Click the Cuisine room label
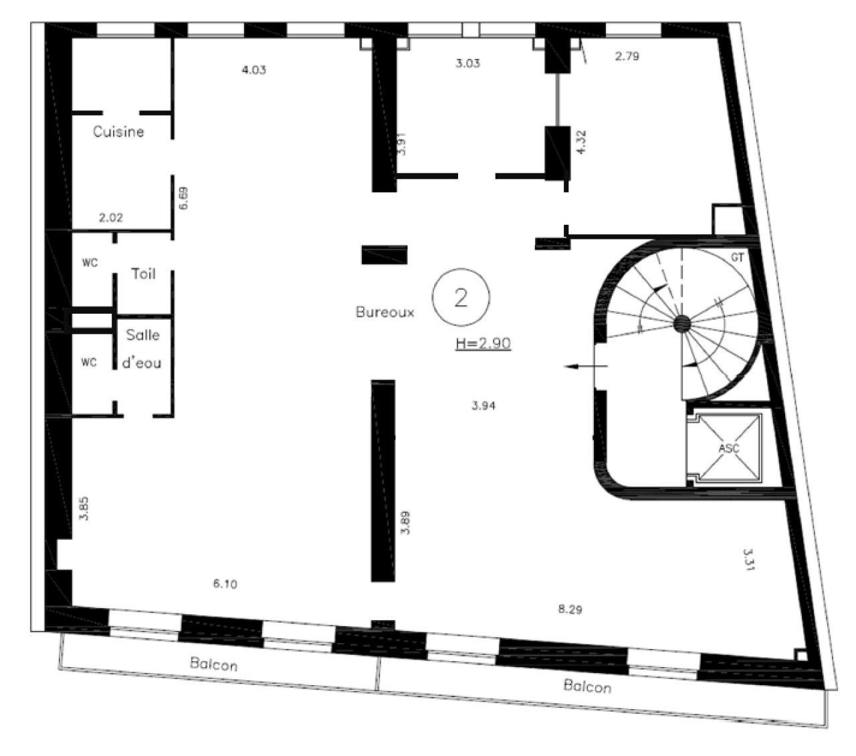click(x=118, y=132)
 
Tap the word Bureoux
click(x=385, y=312)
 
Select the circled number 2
click(x=461, y=297)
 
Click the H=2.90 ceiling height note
click(x=483, y=343)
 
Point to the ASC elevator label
click(x=729, y=448)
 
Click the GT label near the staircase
click(x=737, y=257)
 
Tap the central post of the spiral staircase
click(x=682, y=324)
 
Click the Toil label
click(x=143, y=274)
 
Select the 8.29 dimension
click(x=570, y=609)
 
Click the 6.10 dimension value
click(x=225, y=584)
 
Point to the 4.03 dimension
click(x=254, y=70)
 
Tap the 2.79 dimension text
click(x=627, y=56)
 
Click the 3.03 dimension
click(x=467, y=64)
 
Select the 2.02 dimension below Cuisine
click(x=111, y=217)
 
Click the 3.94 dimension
click(x=484, y=406)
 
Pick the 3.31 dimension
click(x=748, y=559)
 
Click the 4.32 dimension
click(x=581, y=143)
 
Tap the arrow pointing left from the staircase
click(x=586, y=366)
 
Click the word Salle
click(x=143, y=335)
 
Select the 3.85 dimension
click(x=84, y=508)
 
